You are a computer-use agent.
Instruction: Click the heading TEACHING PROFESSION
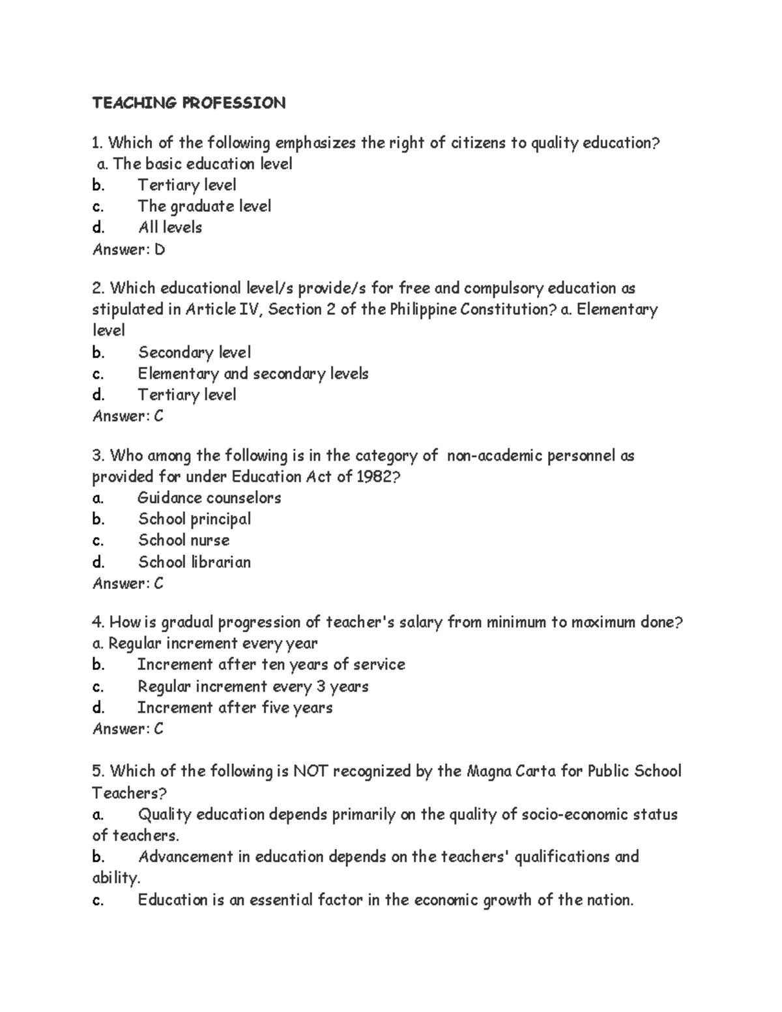tap(188, 103)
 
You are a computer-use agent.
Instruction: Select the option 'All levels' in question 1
tap(169, 227)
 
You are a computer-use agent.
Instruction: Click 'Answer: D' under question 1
tap(128, 249)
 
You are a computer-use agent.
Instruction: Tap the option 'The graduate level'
tap(204, 206)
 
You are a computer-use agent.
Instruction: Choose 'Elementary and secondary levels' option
tap(253, 373)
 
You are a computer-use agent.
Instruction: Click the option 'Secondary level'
tap(194, 353)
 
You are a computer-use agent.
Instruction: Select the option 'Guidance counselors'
tap(209, 498)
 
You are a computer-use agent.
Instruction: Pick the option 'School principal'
tap(194, 519)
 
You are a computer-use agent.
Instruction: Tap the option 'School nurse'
tap(183, 540)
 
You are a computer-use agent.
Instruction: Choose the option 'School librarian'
tap(194, 562)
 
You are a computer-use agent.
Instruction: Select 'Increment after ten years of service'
tap(271, 665)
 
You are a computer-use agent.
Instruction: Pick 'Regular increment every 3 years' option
tap(253, 686)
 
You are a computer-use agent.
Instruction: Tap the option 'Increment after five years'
tap(235, 708)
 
